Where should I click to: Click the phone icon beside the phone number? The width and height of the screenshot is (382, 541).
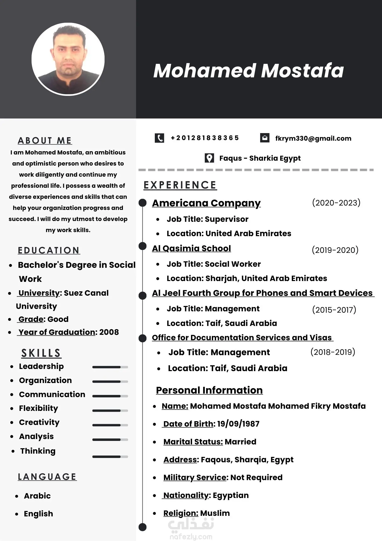click(x=159, y=138)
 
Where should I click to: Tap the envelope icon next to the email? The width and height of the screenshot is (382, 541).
click(x=264, y=138)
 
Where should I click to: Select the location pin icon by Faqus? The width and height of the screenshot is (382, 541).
click(x=209, y=158)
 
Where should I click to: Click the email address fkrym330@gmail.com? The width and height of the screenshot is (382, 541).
click(x=313, y=138)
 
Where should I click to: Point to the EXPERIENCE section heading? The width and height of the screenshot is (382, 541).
click(x=180, y=185)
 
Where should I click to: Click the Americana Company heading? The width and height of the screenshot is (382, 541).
click(x=206, y=203)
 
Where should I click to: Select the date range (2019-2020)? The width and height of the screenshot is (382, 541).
click(x=335, y=250)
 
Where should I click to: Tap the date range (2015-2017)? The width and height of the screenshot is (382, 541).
click(x=334, y=310)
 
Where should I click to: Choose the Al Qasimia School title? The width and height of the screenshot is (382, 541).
click(x=191, y=248)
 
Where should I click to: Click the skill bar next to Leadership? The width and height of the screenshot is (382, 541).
click(x=110, y=367)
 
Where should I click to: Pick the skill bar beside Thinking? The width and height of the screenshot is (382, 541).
click(x=110, y=457)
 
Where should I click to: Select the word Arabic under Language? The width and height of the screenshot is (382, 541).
click(x=37, y=496)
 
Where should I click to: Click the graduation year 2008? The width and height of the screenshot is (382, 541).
click(x=109, y=332)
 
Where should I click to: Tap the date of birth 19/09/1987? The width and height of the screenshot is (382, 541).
click(x=238, y=424)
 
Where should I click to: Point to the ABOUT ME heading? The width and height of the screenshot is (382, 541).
click(x=45, y=141)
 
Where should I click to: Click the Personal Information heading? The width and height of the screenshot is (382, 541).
click(x=209, y=390)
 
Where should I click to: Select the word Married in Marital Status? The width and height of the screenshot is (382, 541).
click(x=240, y=442)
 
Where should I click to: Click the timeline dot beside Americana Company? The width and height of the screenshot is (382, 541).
click(x=142, y=203)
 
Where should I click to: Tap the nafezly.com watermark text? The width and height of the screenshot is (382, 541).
click(x=191, y=537)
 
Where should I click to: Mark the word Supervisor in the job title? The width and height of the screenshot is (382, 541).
click(x=227, y=219)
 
